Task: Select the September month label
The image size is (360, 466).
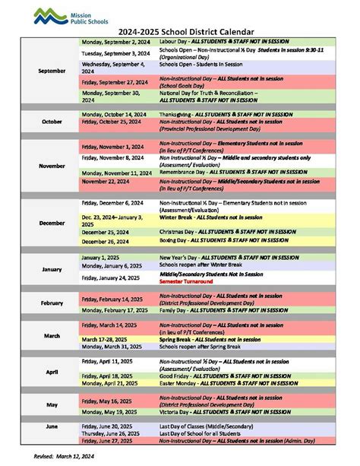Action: tap(52, 71)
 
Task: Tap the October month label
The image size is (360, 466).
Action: tap(52, 121)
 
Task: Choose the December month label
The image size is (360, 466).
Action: tap(52, 223)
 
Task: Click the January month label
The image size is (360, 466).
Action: tap(52, 269)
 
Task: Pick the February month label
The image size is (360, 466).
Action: tap(52, 303)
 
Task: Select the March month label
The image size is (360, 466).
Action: tap(52, 334)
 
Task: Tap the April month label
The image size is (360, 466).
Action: tap(52, 372)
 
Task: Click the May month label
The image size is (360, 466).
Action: tap(52, 405)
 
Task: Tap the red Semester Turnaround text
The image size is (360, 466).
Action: tap(186, 281)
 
